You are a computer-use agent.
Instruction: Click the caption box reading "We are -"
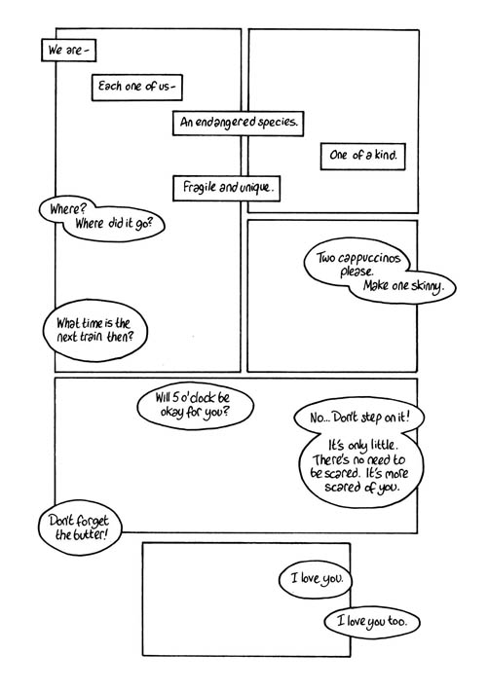[x=68, y=51]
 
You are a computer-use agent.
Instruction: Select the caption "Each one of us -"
[x=136, y=88]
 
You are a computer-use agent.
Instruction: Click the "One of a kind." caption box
[x=362, y=156]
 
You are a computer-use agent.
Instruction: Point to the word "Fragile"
[x=200, y=187]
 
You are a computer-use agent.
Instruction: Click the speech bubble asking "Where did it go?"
[x=102, y=219]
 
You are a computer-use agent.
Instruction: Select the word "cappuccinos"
[x=370, y=258]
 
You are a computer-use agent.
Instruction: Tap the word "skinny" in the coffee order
[x=426, y=286]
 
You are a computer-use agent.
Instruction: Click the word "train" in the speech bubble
[x=92, y=337]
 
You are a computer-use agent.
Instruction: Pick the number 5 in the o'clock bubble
[x=175, y=398]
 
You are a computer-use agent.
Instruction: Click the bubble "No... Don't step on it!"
[x=359, y=417]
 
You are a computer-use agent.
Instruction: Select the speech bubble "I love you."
[x=316, y=579]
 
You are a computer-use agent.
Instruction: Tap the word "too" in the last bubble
[x=396, y=621]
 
